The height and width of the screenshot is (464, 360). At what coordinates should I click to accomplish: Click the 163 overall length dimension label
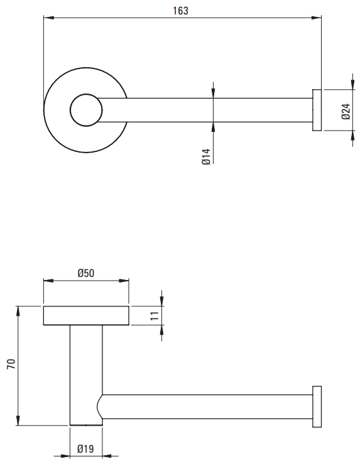coord(180,11)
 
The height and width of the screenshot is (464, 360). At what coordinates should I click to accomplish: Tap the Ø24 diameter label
coord(346,111)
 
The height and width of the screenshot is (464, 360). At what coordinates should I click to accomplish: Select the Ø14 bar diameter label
coord(206,157)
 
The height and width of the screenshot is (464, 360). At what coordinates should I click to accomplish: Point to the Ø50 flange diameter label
coord(86,273)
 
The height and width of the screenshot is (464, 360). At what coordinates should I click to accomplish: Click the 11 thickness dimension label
coord(155,316)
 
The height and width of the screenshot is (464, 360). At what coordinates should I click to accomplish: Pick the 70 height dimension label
coord(11,364)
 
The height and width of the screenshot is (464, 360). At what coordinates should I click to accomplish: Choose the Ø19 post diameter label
coord(85,449)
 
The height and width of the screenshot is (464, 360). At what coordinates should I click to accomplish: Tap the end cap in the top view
coord(317,110)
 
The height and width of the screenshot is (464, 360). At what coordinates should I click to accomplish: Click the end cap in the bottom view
coord(317,407)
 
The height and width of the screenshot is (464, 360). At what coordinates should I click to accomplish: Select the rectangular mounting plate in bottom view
coord(86,316)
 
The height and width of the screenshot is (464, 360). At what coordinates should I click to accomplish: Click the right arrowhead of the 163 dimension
coord(317,18)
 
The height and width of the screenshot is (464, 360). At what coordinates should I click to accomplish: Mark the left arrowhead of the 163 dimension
coord(48,18)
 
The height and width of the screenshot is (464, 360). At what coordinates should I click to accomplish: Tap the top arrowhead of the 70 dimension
coord(18,311)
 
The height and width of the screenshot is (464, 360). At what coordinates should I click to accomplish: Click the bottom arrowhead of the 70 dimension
coord(18,421)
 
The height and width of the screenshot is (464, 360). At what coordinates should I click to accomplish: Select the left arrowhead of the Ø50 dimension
coord(48,281)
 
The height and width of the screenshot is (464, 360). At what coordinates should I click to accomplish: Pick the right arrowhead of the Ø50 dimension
coord(124,281)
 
